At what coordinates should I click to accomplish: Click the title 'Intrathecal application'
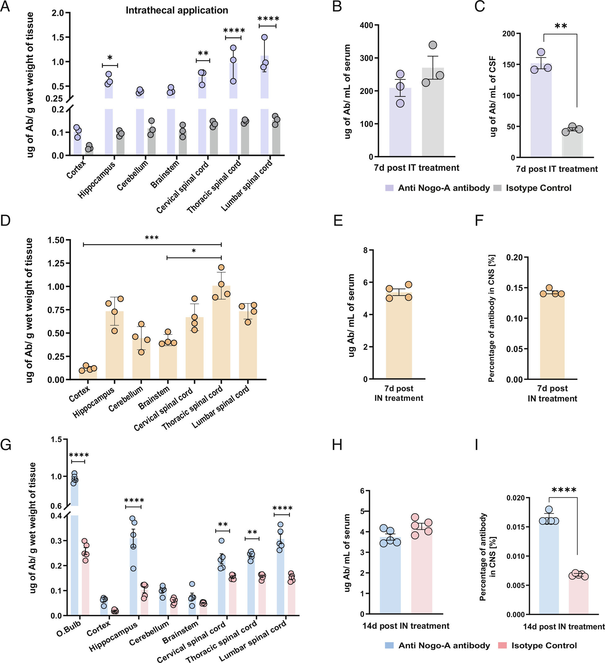(x=176, y=11)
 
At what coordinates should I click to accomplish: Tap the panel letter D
(x=6, y=221)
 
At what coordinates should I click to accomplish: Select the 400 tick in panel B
(x=368, y=25)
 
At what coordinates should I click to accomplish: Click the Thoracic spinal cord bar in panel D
(x=221, y=332)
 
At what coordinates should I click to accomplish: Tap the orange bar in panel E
(x=399, y=336)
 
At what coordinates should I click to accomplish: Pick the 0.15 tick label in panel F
(x=514, y=288)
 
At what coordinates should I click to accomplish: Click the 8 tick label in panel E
(x=365, y=251)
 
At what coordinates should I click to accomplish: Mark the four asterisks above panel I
(x=564, y=490)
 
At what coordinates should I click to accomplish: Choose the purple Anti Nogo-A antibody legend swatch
(x=389, y=188)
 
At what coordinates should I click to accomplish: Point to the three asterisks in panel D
(x=152, y=238)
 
